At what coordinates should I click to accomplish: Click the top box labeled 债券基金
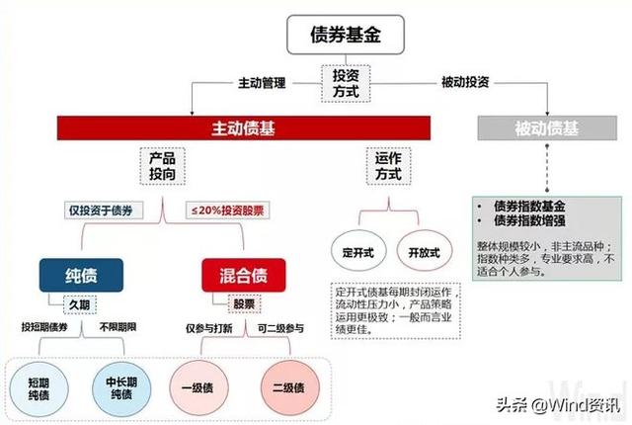pyautogui.click(x=346, y=35)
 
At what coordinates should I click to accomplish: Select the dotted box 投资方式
pyautogui.click(x=346, y=83)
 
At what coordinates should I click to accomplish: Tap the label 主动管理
pyautogui.click(x=262, y=83)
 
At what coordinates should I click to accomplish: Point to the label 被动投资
pyautogui.click(x=465, y=82)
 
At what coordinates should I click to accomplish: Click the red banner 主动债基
pyautogui.click(x=244, y=128)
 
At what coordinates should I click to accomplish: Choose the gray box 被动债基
pyautogui.click(x=547, y=128)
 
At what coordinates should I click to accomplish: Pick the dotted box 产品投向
pyautogui.click(x=162, y=166)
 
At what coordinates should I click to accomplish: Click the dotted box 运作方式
pyautogui.click(x=388, y=166)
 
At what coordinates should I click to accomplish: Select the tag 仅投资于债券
pyautogui.click(x=104, y=211)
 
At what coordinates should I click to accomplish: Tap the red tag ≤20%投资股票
pyautogui.click(x=227, y=211)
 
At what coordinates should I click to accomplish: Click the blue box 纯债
pyautogui.click(x=81, y=276)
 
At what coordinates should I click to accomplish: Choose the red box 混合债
pyautogui.click(x=244, y=276)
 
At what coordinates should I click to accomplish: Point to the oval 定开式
pyautogui.click(x=358, y=251)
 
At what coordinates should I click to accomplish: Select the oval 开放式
pyautogui.click(x=425, y=251)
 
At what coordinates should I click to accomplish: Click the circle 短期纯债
pyautogui.click(x=39, y=388)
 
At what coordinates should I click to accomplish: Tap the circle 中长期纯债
pyautogui.click(x=121, y=388)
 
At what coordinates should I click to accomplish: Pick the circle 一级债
pyautogui.click(x=198, y=387)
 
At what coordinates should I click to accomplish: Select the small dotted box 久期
pyautogui.click(x=80, y=304)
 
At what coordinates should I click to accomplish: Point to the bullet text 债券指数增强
pyautogui.click(x=529, y=221)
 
